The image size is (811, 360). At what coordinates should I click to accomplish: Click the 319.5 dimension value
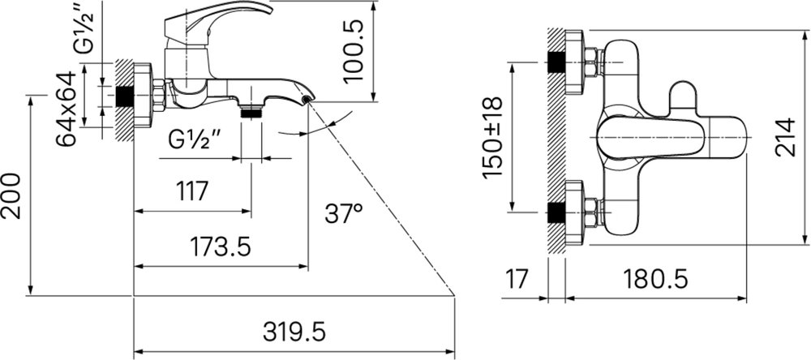(x=294, y=331)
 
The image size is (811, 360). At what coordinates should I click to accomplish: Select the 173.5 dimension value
(x=221, y=246)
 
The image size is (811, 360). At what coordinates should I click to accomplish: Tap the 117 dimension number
(x=192, y=191)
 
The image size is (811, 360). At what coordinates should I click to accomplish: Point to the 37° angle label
(x=343, y=213)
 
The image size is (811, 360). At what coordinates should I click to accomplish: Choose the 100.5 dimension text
(x=355, y=51)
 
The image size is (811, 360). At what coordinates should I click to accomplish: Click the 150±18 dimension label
(x=492, y=138)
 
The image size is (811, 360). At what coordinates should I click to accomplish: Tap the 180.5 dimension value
(x=655, y=280)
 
